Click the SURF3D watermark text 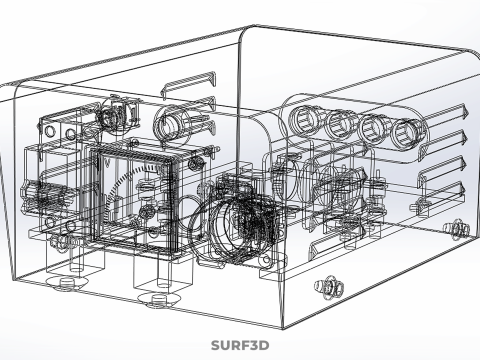(x=240, y=345)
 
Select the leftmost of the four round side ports (x=304, y=120)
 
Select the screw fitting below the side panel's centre (x=329, y=286)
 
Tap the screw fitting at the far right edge (x=457, y=229)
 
